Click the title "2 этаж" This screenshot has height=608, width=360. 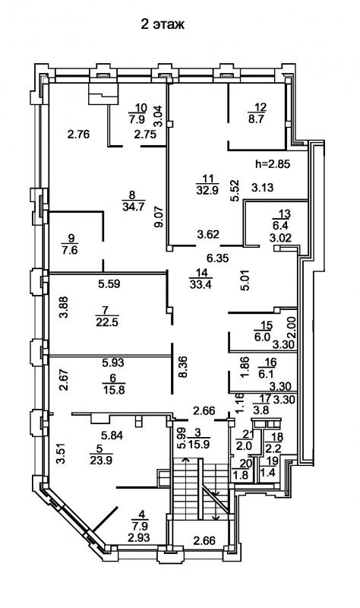pyautogui.click(x=163, y=24)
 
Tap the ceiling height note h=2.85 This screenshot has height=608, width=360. pyautogui.click(x=273, y=163)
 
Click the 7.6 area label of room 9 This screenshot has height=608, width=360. pyautogui.click(x=69, y=250)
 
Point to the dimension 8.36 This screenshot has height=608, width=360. pyautogui.click(x=183, y=367)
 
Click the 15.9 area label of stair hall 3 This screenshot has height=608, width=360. pyautogui.click(x=199, y=444)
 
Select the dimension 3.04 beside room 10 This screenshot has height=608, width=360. pyautogui.click(x=158, y=116)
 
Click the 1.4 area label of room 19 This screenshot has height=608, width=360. pyautogui.click(x=267, y=472)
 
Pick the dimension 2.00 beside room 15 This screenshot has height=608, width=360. pyautogui.click(x=292, y=328)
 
